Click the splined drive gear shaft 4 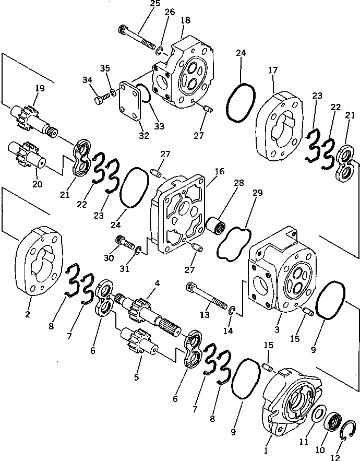[x=151, y=313]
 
